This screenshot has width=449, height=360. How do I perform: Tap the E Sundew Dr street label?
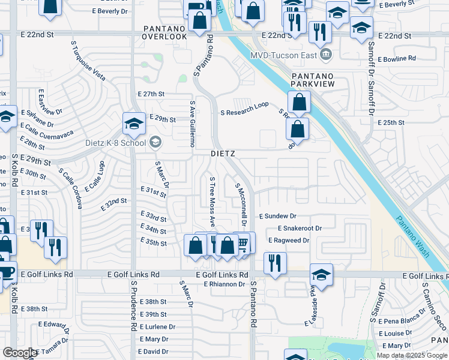tap(277, 216)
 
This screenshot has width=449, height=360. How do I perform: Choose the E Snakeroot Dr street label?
tap(300, 229)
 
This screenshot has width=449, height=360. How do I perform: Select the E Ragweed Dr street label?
tap(288, 240)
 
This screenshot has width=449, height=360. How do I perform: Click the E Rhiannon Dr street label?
tap(225, 284)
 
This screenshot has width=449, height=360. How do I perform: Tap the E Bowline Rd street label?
tap(397, 59)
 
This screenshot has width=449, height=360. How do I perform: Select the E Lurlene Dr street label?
tap(157, 327)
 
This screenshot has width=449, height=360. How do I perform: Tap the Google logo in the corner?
tap(20, 353)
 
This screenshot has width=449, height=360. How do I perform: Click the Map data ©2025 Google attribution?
tap(411, 355)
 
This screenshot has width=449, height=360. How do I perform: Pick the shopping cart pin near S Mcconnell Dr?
tap(243, 243)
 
